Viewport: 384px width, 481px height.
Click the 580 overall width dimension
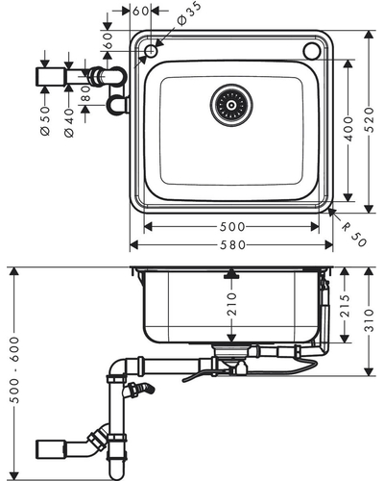pos(232,245)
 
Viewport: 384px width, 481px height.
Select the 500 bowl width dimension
pos(232,227)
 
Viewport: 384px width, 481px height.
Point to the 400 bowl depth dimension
pos(348,129)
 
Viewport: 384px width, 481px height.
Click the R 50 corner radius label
pos(353,236)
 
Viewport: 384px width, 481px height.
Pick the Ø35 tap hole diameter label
pos(189,13)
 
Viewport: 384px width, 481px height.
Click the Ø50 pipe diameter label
pos(46,121)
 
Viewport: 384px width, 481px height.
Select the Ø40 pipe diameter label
pos(69,123)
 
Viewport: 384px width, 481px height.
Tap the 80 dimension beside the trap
pos(85,93)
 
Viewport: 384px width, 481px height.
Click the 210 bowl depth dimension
pos(231,304)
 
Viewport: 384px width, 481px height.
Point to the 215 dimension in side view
pos(345,306)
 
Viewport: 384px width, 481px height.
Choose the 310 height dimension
pos(370,320)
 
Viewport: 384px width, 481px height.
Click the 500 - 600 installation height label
pos(13,369)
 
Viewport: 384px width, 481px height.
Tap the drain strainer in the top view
pos(231,105)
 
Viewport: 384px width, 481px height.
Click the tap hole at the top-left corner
pos(151,51)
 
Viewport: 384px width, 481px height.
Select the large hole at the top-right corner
pos(312,51)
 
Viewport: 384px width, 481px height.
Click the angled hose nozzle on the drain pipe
pos(140,389)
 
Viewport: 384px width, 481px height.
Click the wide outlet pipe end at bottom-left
pos(51,449)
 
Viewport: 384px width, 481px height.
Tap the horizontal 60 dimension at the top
pos(140,12)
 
